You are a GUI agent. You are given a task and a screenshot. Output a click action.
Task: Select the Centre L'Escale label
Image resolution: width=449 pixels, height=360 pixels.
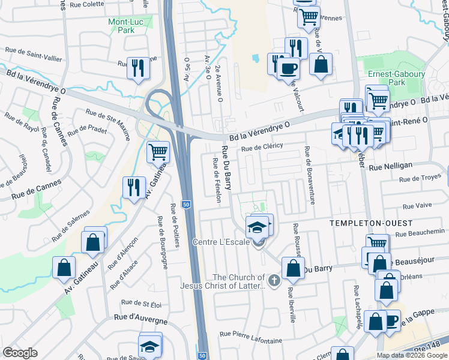pos(220,242)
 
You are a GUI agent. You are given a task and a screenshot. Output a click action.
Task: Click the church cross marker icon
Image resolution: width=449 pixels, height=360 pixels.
pos(274,280)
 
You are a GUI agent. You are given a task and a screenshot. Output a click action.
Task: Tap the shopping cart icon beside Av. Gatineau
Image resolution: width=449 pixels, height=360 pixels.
pos(158,152)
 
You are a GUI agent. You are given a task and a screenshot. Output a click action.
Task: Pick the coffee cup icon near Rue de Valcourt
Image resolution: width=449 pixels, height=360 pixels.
pos(288,68)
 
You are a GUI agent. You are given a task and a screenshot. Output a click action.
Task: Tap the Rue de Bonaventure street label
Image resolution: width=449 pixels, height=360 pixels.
pos(310,175)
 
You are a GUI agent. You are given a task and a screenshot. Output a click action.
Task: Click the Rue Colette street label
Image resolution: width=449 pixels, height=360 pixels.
pos(87,4)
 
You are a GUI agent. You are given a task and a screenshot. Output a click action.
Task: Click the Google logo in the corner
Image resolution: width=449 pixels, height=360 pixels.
pos(20,352)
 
